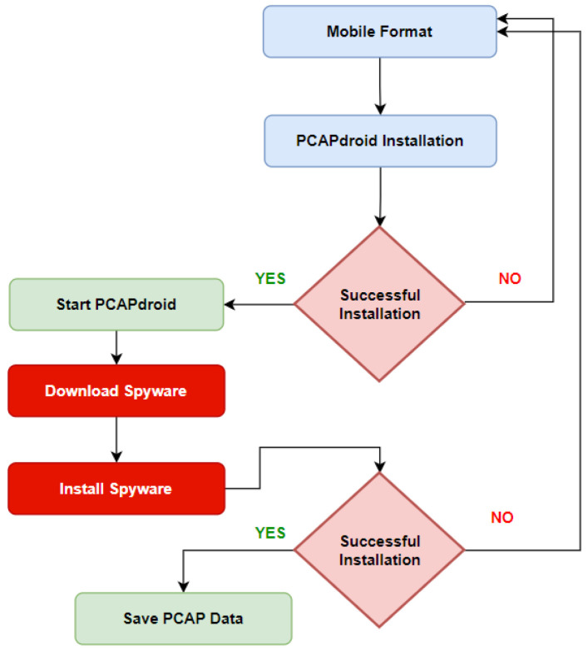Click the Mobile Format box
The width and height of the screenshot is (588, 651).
pyautogui.click(x=380, y=32)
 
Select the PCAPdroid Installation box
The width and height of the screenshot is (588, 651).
pyautogui.click(x=380, y=141)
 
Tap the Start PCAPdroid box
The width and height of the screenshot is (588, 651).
pyautogui.click(x=116, y=304)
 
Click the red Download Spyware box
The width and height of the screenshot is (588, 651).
pyautogui.click(x=116, y=390)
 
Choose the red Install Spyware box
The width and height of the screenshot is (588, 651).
pyautogui.click(x=116, y=489)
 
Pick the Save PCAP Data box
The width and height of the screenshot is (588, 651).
pyautogui.click(x=184, y=619)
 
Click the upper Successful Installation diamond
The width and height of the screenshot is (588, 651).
pyautogui.click(x=380, y=304)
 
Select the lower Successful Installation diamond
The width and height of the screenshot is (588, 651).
pyautogui.click(x=380, y=550)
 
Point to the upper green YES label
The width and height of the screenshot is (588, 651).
pyautogui.click(x=270, y=280)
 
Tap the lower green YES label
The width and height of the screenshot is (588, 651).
pyautogui.click(x=270, y=533)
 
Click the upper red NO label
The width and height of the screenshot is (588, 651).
pyautogui.click(x=510, y=279)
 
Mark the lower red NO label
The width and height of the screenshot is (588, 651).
pyautogui.click(x=502, y=518)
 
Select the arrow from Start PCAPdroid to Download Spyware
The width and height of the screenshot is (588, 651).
pyautogui.click(x=116, y=347)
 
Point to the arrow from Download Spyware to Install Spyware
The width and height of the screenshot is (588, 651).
pyautogui.click(x=116, y=440)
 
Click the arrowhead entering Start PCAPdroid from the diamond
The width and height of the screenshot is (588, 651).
pyautogui.click(x=231, y=305)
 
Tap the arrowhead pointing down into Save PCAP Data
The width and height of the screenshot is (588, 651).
pyautogui.click(x=184, y=586)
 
